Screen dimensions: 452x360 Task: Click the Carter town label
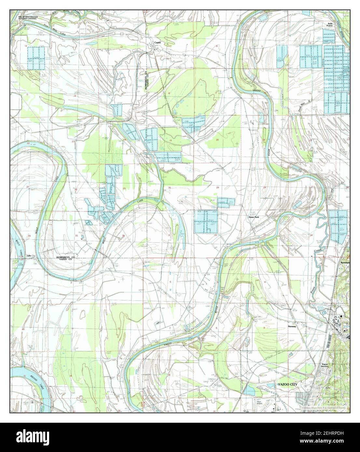point(158,43)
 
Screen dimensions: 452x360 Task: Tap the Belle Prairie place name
point(330,25)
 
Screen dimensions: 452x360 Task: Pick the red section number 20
point(217,140)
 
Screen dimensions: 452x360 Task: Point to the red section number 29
point(217,188)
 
